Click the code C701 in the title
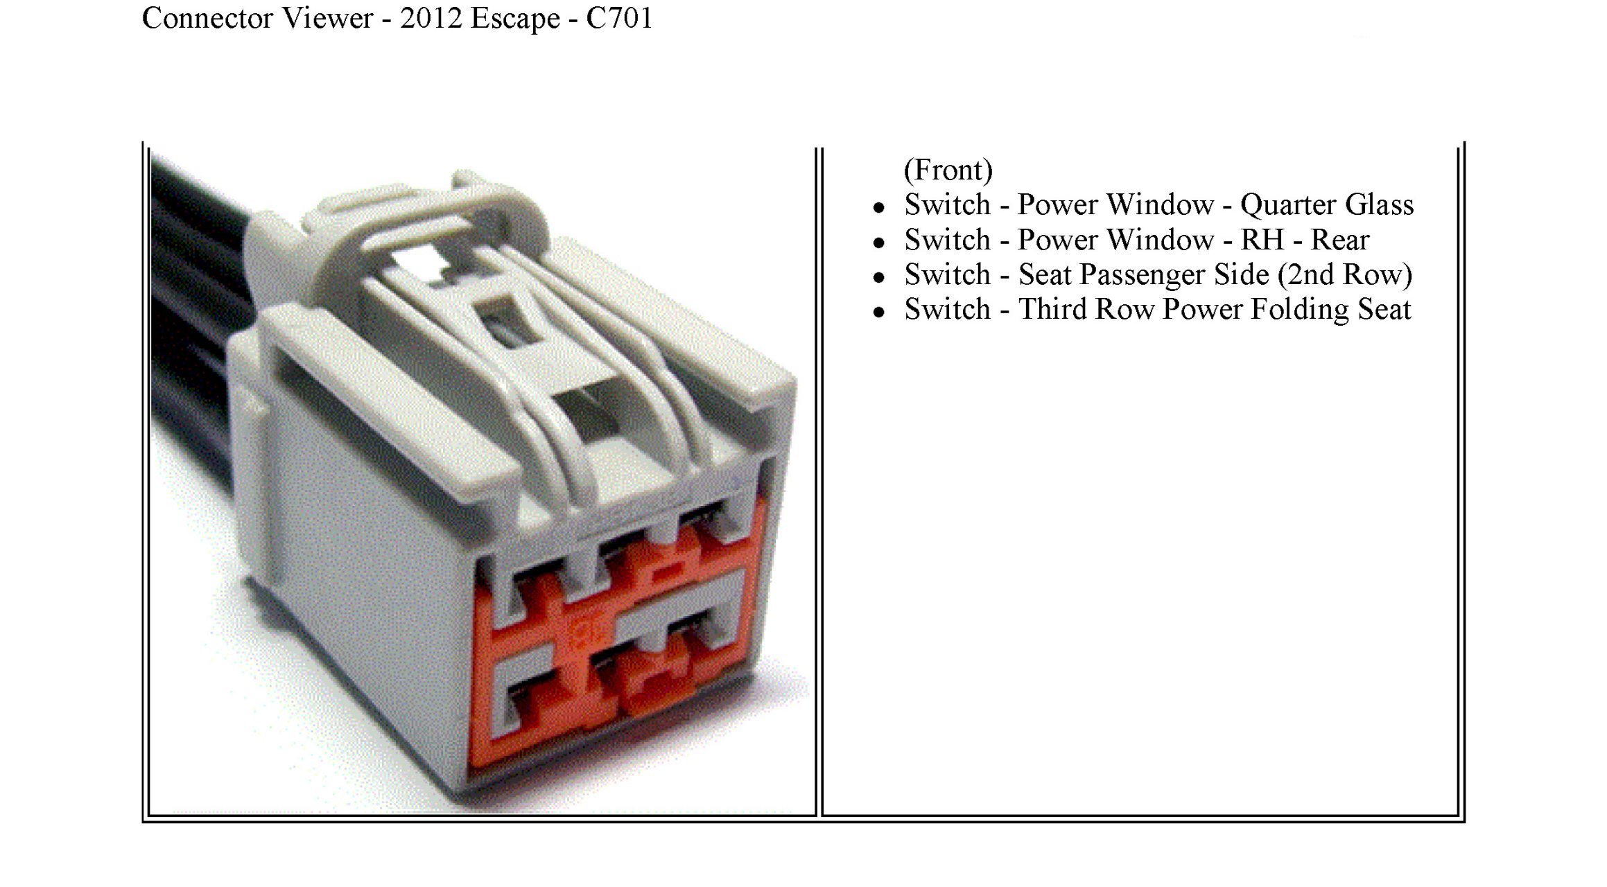pyautogui.click(x=619, y=18)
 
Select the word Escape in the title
pyautogui.click(x=515, y=18)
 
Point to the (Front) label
pyautogui.click(x=948, y=170)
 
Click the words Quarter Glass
pyautogui.click(x=1326, y=205)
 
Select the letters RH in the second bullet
pyautogui.click(x=1262, y=240)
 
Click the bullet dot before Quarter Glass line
pyautogui.click(x=879, y=207)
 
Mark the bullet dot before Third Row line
pyautogui.click(x=879, y=313)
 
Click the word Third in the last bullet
pyautogui.click(x=1051, y=310)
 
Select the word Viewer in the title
pyautogui.click(x=328, y=18)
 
